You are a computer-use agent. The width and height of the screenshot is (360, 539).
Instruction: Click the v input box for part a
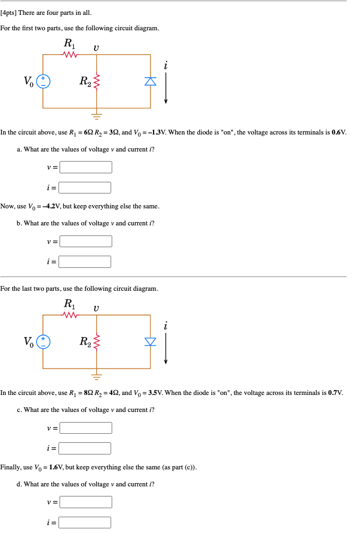(x=86, y=167)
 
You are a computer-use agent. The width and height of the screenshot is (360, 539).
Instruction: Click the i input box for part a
(x=85, y=188)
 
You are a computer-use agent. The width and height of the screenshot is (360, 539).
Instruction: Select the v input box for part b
(x=86, y=242)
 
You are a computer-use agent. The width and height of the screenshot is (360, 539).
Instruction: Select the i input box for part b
(x=85, y=262)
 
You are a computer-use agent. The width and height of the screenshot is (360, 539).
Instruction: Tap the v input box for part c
(x=86, y=428)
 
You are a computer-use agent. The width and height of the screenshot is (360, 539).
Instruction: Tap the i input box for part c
(x=85, y=448)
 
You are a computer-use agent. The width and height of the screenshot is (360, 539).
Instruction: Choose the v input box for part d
(x=86, y=502)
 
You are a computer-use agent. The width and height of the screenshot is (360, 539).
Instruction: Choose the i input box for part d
(x=85, y=523)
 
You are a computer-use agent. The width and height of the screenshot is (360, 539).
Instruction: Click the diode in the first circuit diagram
(x=150, y=81)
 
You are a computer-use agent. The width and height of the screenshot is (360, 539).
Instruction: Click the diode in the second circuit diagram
(x=150, y=341)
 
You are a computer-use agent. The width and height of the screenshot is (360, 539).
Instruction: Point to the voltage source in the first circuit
(x=43, y=81)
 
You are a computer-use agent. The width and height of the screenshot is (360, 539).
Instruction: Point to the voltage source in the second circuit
(x=43, y=341)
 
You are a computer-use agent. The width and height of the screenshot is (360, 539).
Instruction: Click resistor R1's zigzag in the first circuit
(x=70, y=54)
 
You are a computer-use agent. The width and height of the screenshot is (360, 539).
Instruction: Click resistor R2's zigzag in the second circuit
(x=96, y=341)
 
